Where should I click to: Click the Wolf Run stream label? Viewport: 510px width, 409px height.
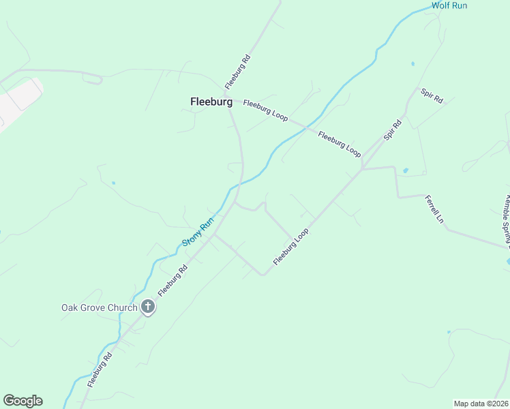451,5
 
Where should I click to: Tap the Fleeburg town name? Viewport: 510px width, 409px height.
211,102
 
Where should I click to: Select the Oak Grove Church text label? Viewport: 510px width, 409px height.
99,307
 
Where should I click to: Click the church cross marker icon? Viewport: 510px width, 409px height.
148,307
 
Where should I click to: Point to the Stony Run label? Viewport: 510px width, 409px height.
198,232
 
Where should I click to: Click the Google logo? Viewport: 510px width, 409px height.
22,401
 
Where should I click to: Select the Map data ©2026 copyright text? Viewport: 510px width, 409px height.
481,404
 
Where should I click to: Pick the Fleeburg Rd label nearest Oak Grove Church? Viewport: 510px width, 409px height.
172,280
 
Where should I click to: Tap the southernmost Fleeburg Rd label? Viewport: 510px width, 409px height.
99,370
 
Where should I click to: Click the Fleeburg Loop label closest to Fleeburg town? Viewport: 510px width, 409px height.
265,110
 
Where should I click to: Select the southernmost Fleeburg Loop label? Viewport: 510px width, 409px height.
291,247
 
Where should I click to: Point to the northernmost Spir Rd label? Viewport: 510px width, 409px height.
432,96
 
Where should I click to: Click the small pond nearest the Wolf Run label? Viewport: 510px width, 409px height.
412,64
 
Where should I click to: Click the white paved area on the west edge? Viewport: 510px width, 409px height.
17,102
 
